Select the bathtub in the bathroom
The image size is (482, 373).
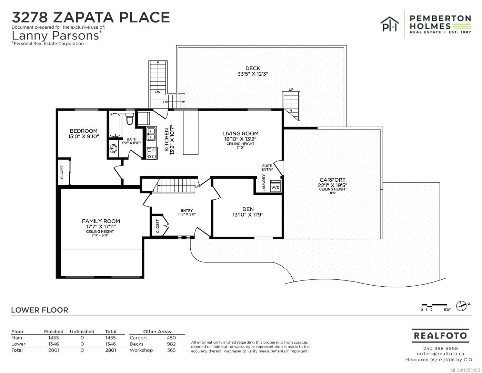(115, 125)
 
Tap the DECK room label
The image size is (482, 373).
(253, 68)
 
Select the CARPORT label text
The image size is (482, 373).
(332, 180)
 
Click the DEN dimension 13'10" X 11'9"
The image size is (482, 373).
(248, 214)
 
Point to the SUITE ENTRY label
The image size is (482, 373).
(267, 168)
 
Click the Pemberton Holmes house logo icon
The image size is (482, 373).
(390, 24)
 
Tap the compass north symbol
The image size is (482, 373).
(462, 306)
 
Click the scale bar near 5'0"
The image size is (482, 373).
(434, 306)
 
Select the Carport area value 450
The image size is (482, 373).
(171, 338)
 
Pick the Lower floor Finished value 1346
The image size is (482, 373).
(54, 344)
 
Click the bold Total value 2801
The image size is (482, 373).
(110, 350)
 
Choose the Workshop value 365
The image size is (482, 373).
(171, 350)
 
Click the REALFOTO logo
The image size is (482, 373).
(440, 335)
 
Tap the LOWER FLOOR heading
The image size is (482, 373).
(40, 310)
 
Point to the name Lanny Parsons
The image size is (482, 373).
(56, 36)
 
